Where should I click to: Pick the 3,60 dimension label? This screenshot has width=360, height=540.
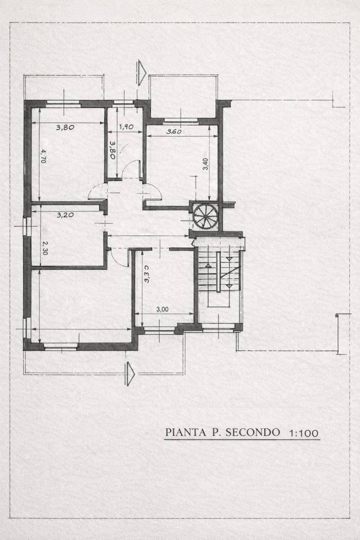click(174, 132)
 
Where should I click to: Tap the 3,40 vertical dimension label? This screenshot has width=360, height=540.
click(205, 164)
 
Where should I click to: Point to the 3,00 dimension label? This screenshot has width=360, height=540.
click(163, 310)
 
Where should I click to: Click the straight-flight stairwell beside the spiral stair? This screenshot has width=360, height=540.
click(220, 278)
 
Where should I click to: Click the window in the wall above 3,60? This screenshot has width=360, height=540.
click(181, 121)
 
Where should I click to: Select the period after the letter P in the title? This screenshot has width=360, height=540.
click(219, 436)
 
